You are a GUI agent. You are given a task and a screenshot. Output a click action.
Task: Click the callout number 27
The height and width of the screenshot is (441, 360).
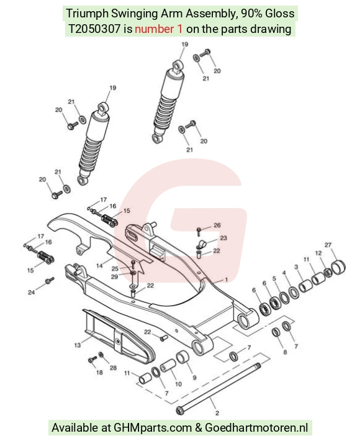coord(328,245)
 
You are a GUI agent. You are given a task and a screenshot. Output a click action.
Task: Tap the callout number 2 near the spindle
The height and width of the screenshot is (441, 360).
coord(217,413)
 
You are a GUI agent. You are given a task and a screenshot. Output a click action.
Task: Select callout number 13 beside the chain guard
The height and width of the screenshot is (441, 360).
coord(78,345)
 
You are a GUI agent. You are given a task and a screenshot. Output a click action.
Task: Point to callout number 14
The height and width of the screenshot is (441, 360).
coord(99,265)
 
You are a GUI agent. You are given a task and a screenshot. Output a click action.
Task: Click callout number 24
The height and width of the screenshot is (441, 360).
coord(31,293)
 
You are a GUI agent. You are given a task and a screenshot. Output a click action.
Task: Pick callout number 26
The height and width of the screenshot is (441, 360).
coord(217,225)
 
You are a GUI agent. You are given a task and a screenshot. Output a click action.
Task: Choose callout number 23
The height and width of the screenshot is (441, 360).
coord(223,239)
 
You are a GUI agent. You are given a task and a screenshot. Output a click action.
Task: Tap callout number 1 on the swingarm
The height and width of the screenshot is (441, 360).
coord(226,280)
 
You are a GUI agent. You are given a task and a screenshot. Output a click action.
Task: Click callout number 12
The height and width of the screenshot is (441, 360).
coord(318,253)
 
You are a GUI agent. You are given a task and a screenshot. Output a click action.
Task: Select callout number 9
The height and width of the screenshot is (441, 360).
coord(194,378)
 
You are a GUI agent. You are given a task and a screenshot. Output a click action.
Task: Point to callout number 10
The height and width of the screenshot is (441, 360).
coord(179,384)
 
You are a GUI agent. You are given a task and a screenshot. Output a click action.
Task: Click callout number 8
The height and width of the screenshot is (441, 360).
coord(285,352)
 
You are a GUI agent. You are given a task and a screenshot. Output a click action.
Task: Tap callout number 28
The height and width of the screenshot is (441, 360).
coord(113,368)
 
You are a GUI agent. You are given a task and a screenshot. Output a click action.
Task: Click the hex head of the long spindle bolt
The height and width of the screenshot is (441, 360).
coord(179,411)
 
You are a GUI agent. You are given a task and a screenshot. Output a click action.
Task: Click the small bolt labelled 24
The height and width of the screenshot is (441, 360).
coord(50,280)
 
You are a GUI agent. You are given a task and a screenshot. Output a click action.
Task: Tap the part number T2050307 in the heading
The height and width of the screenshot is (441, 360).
coord(94,29)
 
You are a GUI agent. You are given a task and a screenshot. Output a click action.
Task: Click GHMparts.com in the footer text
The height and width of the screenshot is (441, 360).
coord(153,427)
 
